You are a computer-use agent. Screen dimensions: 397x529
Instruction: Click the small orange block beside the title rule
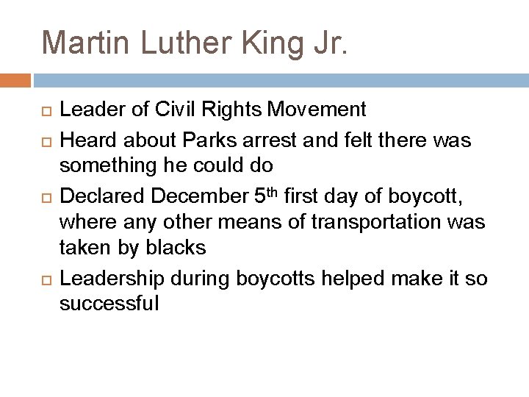pyautogui.click(x=15, y=80)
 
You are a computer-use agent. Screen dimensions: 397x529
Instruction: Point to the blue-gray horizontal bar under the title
pyautogui.click(x=279, y=80)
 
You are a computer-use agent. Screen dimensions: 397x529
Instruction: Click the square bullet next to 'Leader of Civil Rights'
pyautogui.click(x=45, y=111)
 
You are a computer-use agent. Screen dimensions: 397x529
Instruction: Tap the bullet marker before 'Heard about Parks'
pyautogui.click(x=45, y=136)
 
